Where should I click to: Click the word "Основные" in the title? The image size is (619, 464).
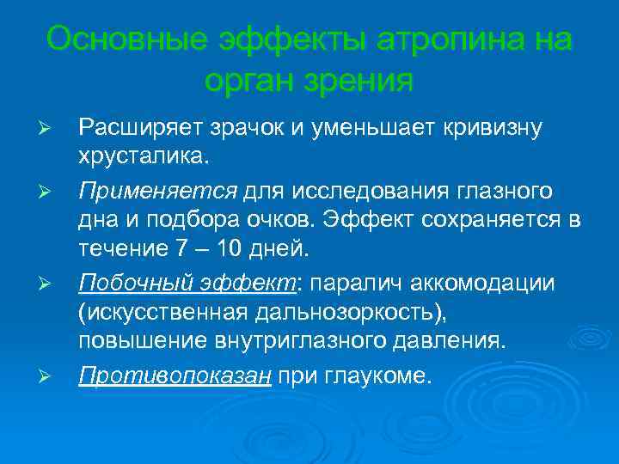tap(123, 40)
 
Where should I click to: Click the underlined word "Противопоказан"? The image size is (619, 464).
tap(175, 375)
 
